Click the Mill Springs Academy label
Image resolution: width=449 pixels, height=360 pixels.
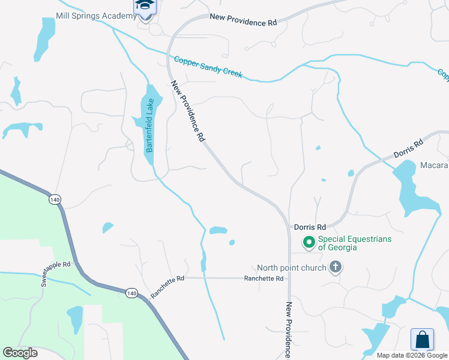[96, 16]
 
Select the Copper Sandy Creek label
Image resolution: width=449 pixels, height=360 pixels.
[208, 67]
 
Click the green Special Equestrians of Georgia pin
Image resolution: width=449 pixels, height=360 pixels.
[309, 243]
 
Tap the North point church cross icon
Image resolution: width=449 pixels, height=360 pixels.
[335, 268]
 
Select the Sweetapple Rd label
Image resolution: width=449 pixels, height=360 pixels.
[56, 273]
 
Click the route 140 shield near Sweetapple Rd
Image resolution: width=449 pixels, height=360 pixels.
[56, 199]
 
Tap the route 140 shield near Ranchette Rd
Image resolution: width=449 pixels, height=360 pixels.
[131, 293]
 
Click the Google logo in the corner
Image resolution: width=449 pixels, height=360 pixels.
[20, 353]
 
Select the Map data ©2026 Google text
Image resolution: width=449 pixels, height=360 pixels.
[412, 355]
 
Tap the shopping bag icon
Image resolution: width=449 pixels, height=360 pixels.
[422, 340]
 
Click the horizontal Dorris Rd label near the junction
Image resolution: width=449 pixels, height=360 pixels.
[310, 227]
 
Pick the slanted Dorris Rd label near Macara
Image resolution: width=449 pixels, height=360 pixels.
[409, 148]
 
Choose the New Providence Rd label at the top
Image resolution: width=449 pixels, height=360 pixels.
[243, 20]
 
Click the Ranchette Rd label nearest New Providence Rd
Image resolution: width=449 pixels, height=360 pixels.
[264, 278]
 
